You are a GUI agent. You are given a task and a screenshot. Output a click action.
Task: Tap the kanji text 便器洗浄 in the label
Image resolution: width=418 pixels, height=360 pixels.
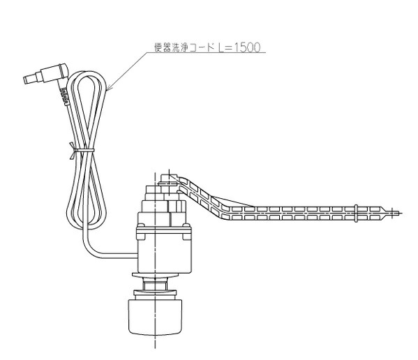[x=172, y=47]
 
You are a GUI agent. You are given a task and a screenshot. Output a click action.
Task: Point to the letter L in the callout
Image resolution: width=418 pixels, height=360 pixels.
[x=221, y=47]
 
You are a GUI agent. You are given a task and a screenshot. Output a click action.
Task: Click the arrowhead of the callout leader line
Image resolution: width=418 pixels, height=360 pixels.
[x=109, y=87]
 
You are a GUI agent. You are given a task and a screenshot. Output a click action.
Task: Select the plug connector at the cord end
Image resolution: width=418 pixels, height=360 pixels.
[x=46, y=73]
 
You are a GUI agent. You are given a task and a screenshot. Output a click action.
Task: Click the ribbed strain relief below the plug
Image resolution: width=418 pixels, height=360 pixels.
[x=64, y=96]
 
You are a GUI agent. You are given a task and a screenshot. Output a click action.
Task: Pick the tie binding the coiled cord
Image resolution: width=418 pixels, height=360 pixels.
[x=82, y=151]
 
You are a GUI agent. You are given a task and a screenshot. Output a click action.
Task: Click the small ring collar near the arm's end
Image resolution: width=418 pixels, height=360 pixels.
[x=356, y=213]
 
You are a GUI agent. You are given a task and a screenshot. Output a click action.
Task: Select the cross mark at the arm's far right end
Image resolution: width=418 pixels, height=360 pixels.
[x=393, y=213]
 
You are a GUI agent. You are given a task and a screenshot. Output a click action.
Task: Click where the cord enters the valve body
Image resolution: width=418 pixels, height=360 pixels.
[x=137, y=256]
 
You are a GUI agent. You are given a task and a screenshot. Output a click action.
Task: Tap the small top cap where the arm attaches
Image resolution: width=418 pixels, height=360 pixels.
[x=167, y=178]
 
